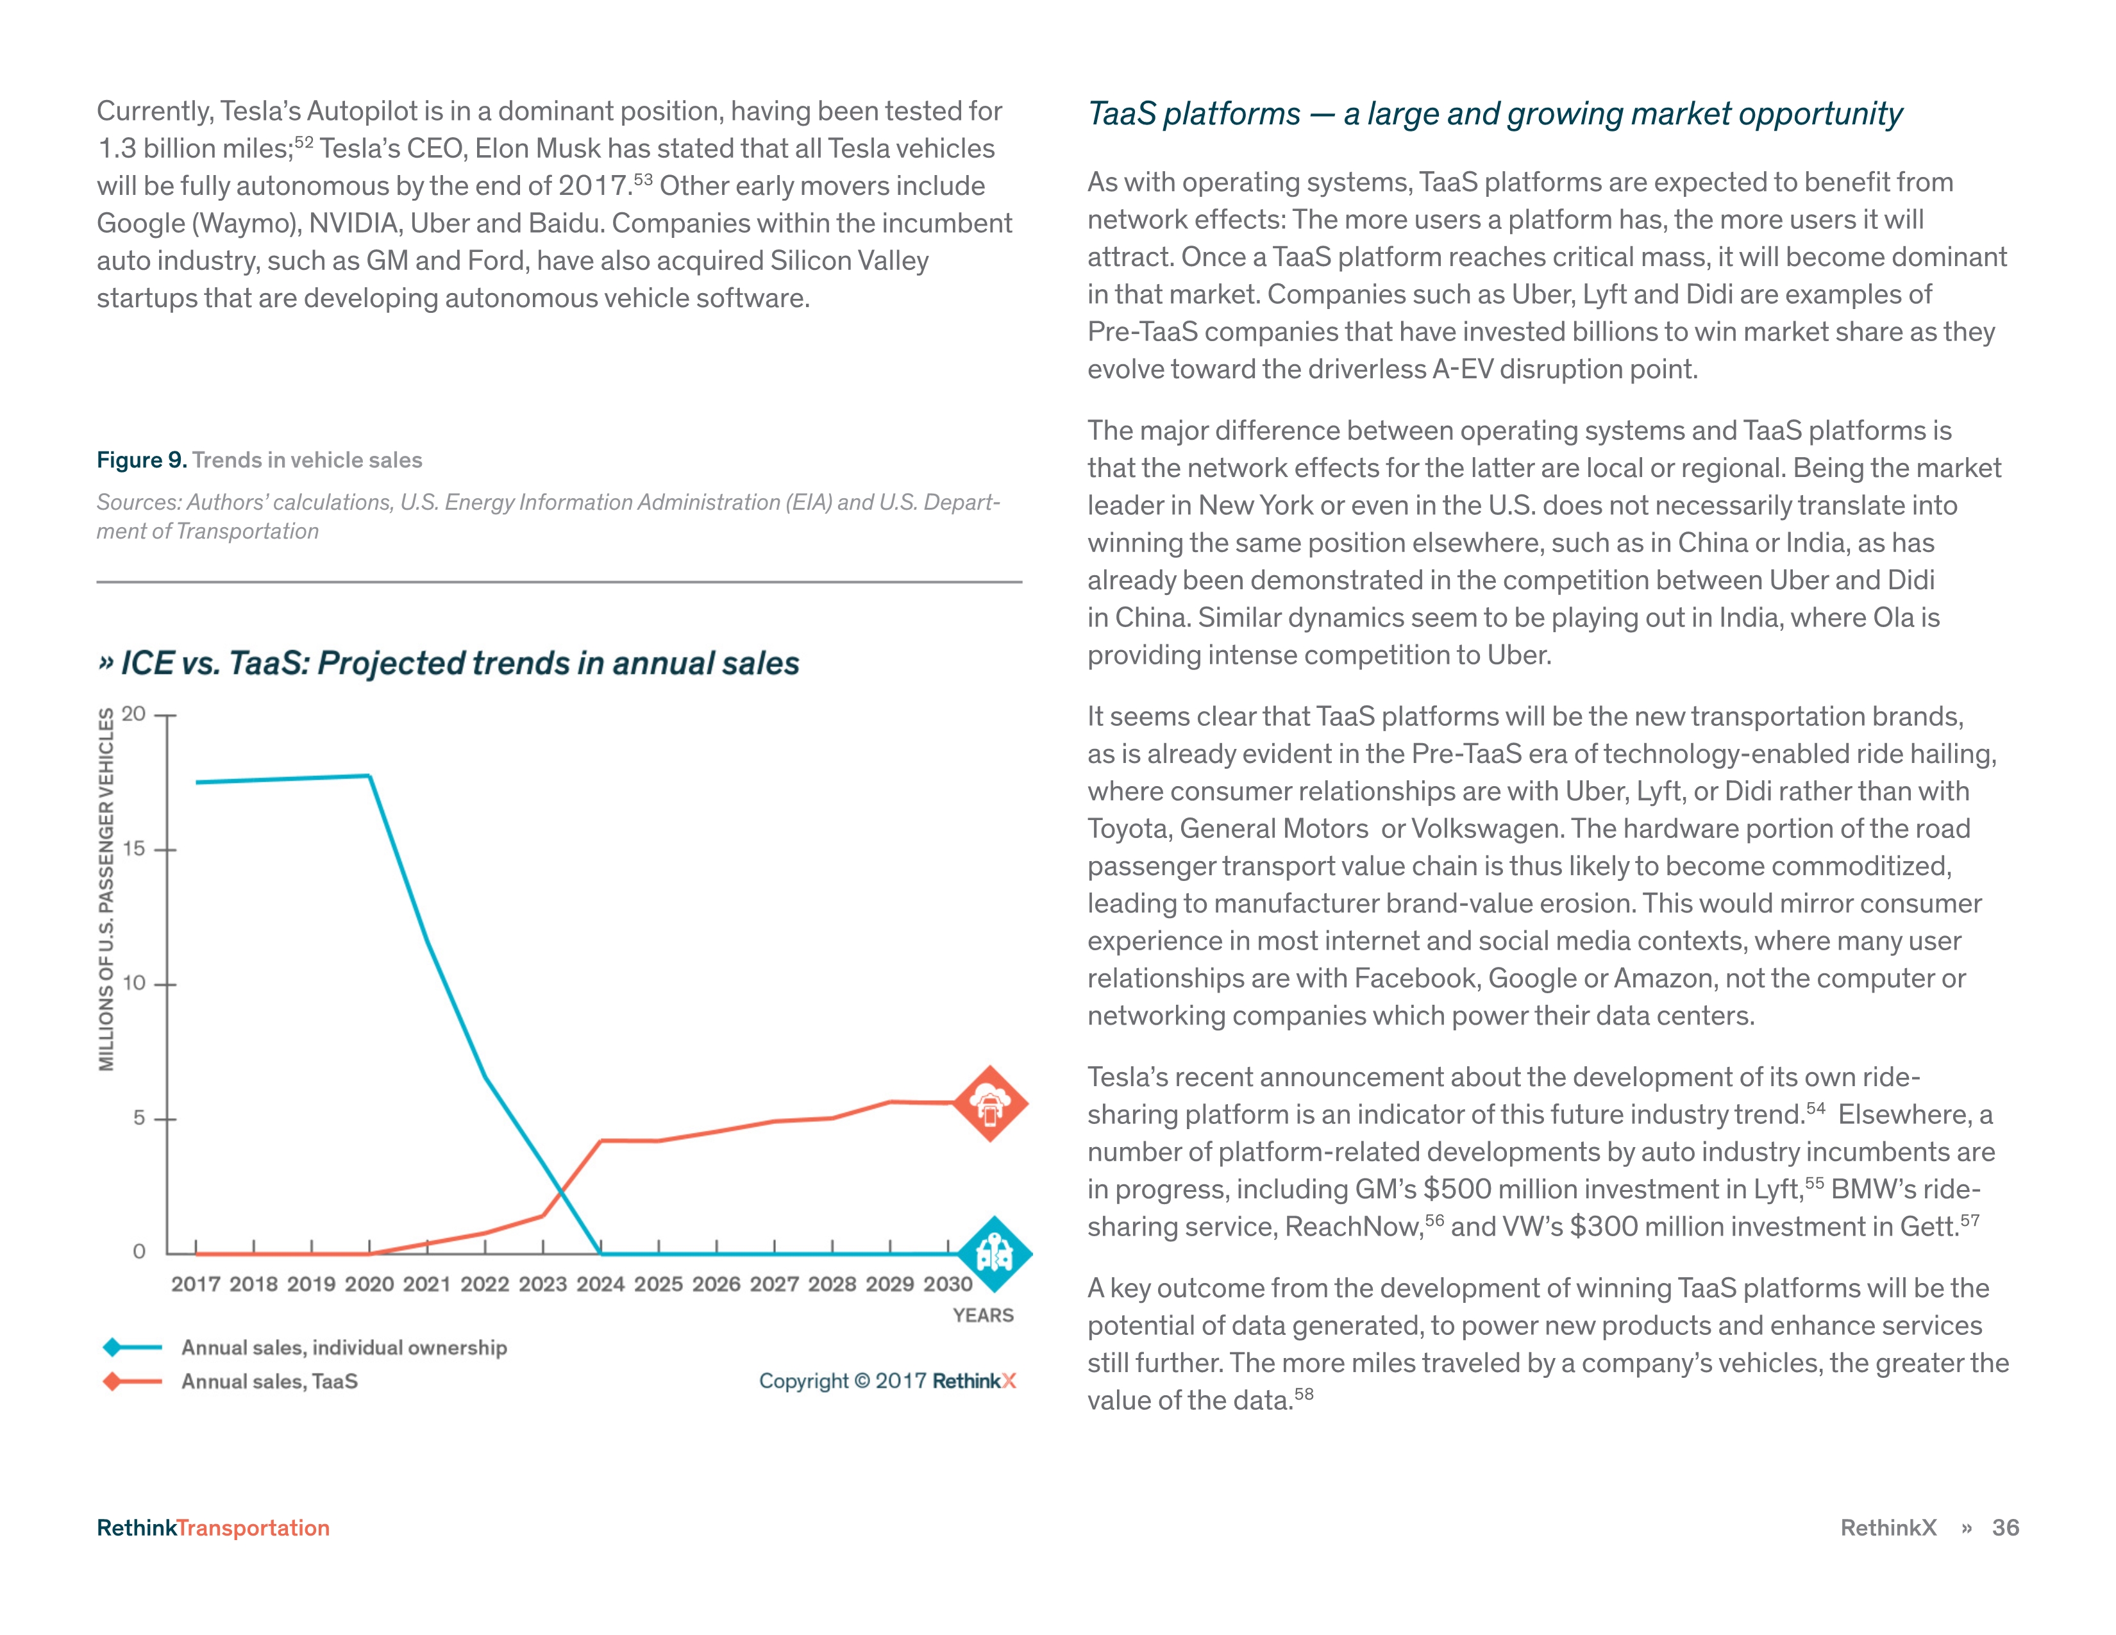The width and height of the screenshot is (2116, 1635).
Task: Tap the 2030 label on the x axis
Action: pos(948,1284)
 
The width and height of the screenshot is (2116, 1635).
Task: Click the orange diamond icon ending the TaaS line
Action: pos(989,1103)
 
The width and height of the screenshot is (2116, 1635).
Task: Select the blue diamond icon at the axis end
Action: pos(994,1253)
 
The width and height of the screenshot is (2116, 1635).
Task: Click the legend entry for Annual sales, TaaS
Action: pos(269,1381)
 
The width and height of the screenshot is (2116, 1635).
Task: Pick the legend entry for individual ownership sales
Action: pos(344,1347)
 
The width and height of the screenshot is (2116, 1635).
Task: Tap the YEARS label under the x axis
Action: pos(982,1315)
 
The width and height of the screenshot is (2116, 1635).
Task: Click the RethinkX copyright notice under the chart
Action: pos(887,1381)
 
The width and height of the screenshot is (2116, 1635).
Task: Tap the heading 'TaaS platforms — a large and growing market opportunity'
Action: pos(1494,114)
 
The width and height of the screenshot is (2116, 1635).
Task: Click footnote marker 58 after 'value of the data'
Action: pos(1304,1395)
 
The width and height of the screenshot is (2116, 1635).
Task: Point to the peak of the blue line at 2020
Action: pos(369,776)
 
